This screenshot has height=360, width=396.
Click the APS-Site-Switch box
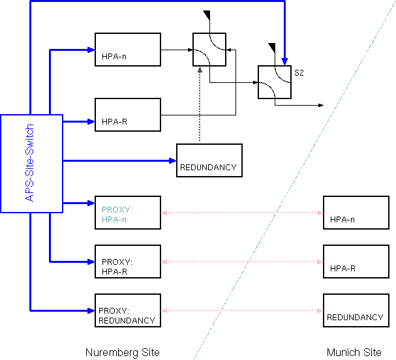point(31,163)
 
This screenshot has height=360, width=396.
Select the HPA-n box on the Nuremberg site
point(128,50)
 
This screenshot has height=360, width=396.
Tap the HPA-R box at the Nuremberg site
point(128,115)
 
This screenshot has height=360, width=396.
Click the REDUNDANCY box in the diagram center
point(209,160)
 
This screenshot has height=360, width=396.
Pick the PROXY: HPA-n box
point(128,213)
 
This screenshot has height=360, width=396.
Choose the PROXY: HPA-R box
point(128,262)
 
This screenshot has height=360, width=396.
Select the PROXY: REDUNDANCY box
point(128,310)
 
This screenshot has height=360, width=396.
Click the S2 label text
point(299,72)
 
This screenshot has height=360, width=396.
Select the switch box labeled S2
point(274,82)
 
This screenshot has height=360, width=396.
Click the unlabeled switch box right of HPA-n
point(209,50)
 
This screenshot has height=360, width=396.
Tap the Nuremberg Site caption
point(122,352)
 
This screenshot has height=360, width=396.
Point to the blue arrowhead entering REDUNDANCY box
point(172,160)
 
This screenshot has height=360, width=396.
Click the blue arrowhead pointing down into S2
point(284,61)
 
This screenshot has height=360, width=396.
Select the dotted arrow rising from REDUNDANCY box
point(200,104)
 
